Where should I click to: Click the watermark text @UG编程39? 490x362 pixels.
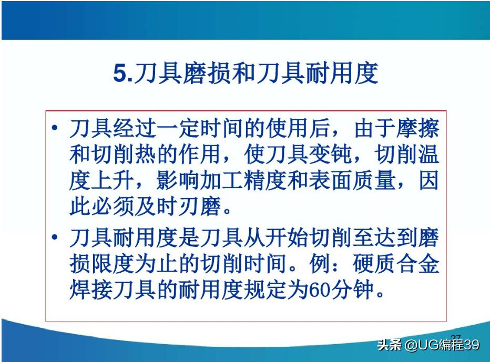[x=441, y=345]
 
